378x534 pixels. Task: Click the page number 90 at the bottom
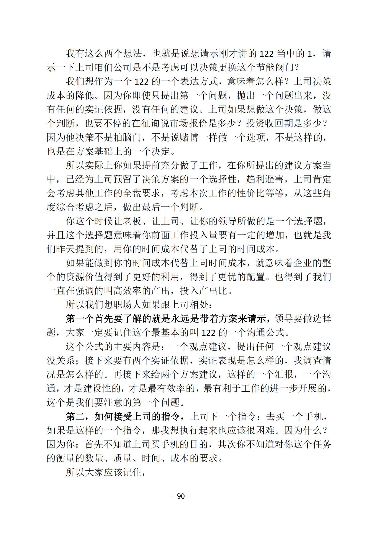(181, 496)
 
